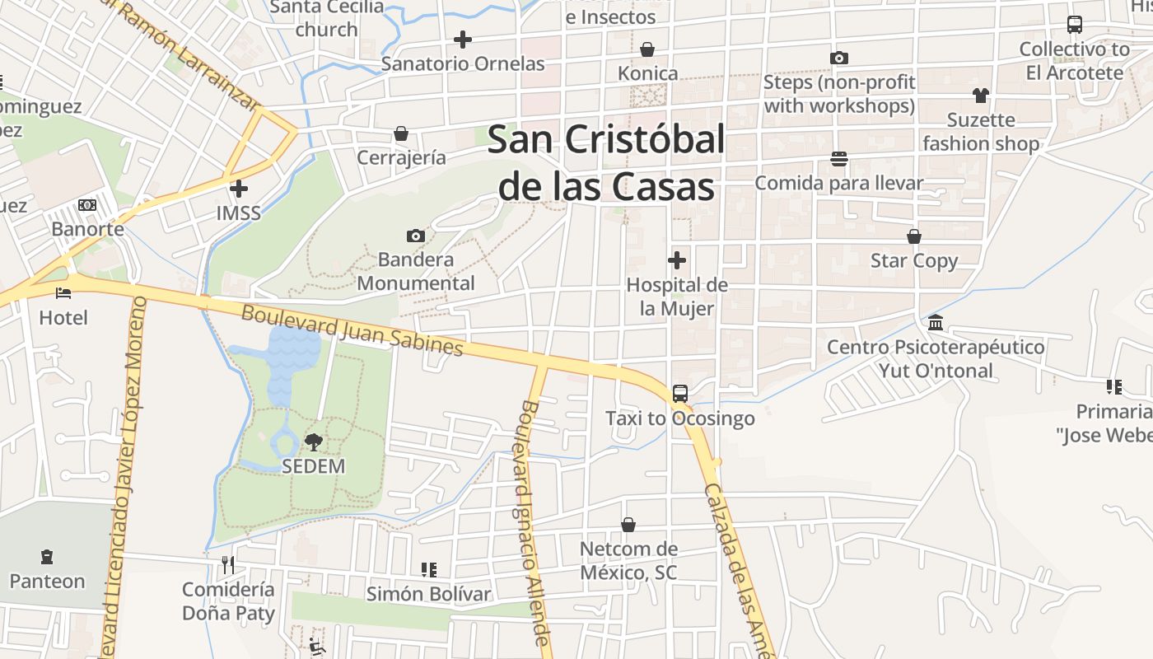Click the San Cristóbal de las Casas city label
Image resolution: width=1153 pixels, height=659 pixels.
(x=606, y=163)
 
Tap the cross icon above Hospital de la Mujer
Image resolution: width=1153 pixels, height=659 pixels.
(x=677, y=261)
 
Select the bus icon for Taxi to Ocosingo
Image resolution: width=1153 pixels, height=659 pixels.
(x=680, y=394)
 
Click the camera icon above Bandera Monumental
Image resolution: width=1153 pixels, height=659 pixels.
(x=416, y=236)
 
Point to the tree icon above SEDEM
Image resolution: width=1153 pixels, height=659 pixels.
(x=313, y=442)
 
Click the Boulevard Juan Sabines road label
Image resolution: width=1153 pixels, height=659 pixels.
(x=352, y=330)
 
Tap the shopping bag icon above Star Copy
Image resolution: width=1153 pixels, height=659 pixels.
(x=914, y=237)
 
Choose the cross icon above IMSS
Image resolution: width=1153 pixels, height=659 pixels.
(x=239, y=189)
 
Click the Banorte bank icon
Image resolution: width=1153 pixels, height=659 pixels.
(x=87, y=205)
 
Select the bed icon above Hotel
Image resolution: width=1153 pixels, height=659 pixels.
(x=63, y=292)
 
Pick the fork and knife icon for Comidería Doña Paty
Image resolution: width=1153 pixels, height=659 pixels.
(x=228, y=565)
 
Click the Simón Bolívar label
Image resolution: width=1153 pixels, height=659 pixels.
(x=428, y=594)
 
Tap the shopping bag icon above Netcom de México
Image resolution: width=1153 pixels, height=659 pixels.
(x=628, y=525)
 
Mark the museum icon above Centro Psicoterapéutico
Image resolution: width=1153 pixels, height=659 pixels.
(x=936, y=323)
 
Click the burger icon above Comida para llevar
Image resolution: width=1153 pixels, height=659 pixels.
(x=839, y=158)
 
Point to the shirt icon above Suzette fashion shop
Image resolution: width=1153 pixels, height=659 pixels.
(x=980, y=96)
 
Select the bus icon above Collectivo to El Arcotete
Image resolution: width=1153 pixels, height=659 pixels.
(x=1075, y=25)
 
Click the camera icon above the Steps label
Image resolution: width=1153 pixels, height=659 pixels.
(x=839, y=58)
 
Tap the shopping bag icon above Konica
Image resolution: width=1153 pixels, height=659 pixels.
(x=647, y=49)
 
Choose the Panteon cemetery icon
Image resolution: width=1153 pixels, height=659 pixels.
(x=47, y=558)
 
